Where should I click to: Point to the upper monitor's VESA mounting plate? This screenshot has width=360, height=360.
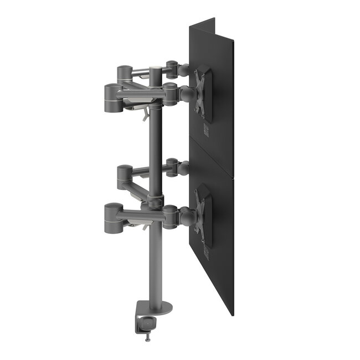click(203, 94)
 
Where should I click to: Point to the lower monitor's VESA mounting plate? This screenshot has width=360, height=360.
click(203, 214)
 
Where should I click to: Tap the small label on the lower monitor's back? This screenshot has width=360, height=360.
click(206, 253)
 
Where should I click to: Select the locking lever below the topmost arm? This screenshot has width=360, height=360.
click(144, 114)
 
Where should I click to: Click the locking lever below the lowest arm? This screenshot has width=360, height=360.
click(144, 224)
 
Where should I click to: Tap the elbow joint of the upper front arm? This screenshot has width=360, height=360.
click(112, 94)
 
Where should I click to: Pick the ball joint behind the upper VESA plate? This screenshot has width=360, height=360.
click(188, 94)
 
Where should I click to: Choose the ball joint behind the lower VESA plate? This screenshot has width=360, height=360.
click(188, 213)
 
